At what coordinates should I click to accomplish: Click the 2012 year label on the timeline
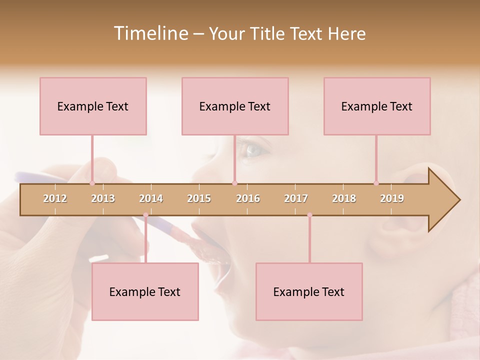(55, 198)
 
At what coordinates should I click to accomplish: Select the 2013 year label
(103, 198)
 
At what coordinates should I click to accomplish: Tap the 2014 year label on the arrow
(151, 198)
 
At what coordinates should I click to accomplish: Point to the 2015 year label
(199, 198)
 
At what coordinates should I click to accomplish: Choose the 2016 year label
(248, 198)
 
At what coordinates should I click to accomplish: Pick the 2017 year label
(296, 198)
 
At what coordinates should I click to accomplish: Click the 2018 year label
(344, 198)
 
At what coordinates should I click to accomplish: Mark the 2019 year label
(392, 198)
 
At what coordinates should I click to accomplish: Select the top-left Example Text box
(93, 106)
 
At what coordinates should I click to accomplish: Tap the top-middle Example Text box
(235, 106)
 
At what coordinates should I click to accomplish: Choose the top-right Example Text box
(377, 106)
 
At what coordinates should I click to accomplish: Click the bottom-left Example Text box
(145, 291)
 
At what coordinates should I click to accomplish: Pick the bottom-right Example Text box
(309, 291)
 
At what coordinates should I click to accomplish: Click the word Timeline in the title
(150, 33)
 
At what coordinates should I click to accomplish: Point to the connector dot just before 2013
(92, 183)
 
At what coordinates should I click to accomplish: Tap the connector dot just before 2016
(234, 183)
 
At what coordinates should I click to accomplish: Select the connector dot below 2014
(146, 215)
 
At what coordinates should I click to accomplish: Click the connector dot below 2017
(309, 215)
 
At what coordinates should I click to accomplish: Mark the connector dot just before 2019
(376, 183)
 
